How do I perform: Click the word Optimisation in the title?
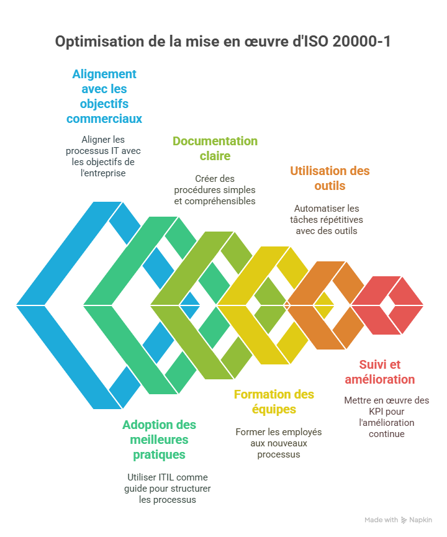[92, 42]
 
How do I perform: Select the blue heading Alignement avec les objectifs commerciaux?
[104, 96]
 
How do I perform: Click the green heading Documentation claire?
[215, 148]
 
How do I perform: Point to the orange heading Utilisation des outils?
[330, 178]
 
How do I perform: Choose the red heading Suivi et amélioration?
[387, 372]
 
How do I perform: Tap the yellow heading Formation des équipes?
[274, 402]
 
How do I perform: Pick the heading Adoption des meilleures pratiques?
[159, 440]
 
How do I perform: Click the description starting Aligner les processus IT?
[104, 156]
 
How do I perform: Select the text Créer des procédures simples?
[215, 190]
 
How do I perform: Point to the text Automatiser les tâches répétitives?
[327, 219]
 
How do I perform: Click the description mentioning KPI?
[387, 417]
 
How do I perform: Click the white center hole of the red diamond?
[387, 305]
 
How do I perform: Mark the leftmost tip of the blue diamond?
[17, 305]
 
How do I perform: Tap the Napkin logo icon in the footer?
[404, 520]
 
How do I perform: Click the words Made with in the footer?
[381, 520]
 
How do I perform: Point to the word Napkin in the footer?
[420, 520]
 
